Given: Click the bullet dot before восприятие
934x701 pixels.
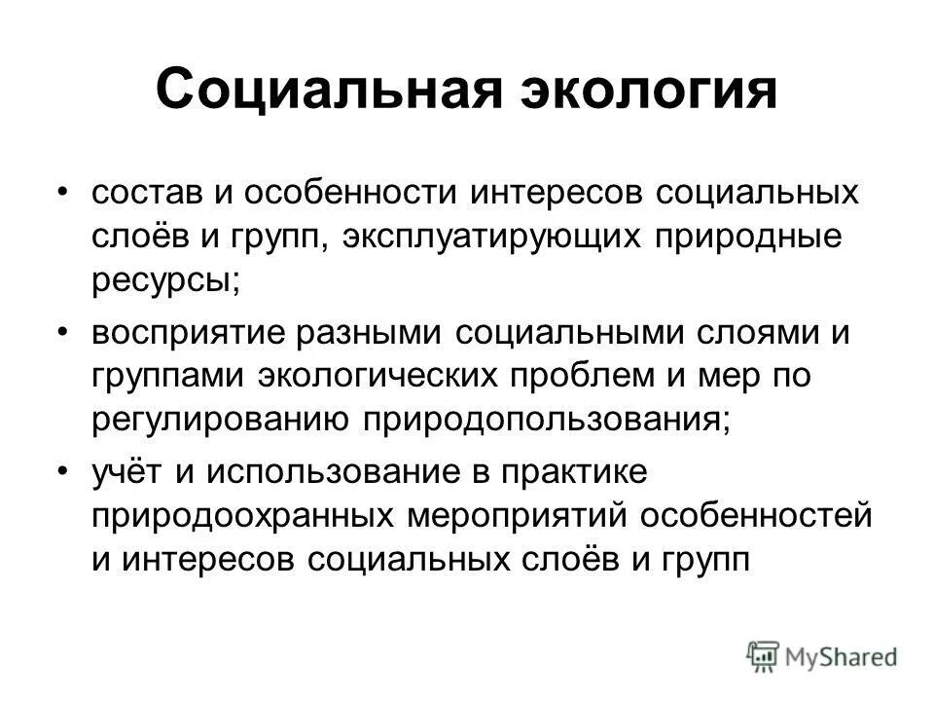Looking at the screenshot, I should click(63, 331).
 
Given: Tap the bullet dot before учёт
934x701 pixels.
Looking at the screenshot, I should click(63, 470).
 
